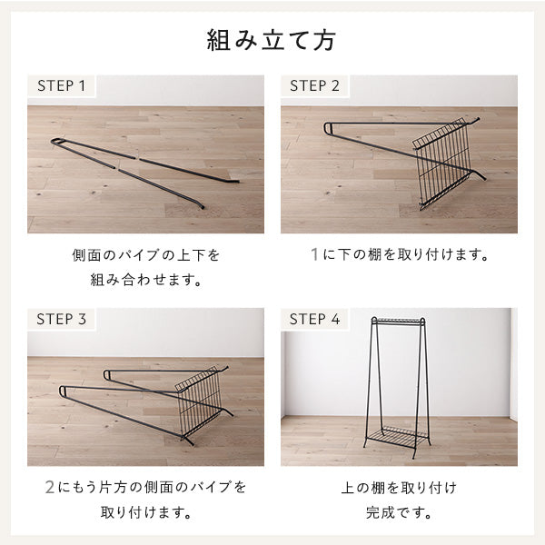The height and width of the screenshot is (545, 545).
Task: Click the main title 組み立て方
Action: click(272, 42)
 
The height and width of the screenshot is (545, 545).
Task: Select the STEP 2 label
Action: click(314, 86)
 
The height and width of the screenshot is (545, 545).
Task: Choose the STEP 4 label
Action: click(314, 319)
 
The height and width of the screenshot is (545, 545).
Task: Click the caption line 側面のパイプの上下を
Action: click(145, 255)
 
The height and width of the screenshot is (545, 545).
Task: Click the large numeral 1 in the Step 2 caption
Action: click(314, 255)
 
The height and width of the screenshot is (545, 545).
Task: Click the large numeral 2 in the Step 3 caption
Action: click(50, 488)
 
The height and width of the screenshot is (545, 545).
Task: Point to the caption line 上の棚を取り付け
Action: click(399, 488)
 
